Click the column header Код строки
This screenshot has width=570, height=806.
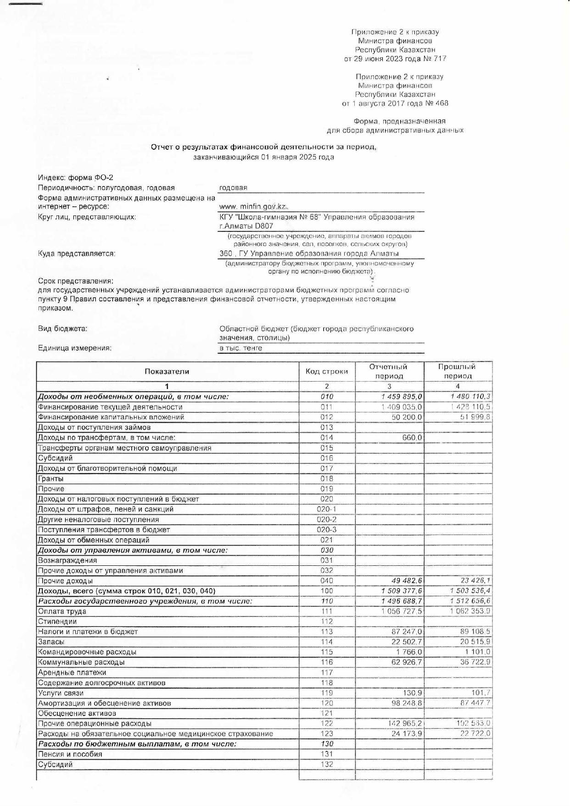click(327, 372)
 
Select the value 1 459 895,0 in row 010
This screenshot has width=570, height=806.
click(402, 397)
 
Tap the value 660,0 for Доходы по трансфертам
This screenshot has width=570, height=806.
click(412, 438)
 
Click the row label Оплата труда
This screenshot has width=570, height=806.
click(62, 611)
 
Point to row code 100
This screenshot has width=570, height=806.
click(327, 591)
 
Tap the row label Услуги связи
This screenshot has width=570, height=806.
click(61, 693)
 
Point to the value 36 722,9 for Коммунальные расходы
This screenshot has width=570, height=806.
click(475, 662)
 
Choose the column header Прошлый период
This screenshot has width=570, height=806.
click(457, 371)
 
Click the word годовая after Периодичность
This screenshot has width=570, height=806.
click(233, 187)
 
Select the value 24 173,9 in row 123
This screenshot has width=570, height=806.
click(407, 734)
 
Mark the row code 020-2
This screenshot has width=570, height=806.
click(327, 519)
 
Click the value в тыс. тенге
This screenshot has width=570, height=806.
click(241, 348)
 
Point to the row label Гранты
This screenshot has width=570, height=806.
click(51, 479)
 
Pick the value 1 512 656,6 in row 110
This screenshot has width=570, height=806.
click(470, 601)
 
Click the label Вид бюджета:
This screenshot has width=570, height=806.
click(63, 329)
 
